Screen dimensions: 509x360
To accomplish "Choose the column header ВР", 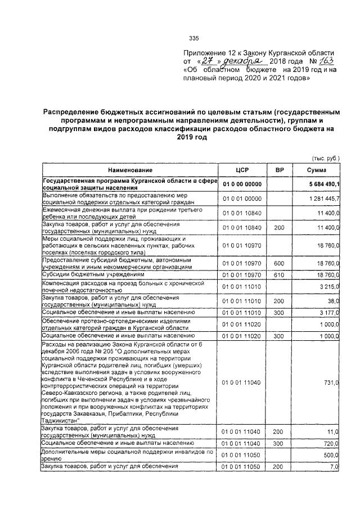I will [x=279, y=170].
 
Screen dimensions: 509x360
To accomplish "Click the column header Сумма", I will [x=317, y=170].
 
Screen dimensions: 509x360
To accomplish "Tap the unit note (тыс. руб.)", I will [x=326, y=159].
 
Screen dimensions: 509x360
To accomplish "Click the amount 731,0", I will [x=330, y=382].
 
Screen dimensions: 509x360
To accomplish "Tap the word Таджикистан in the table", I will [x=61, y=420].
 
